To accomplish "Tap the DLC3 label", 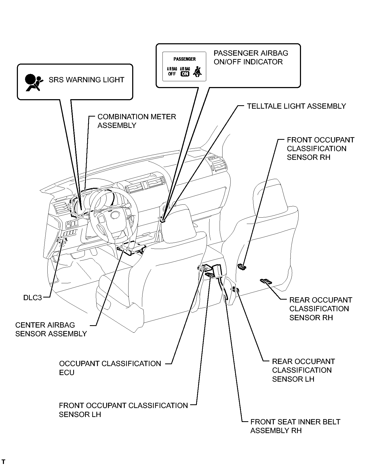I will pos(33,298).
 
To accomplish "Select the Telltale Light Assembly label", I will pos(296,106).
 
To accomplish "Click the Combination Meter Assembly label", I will pos(136,121).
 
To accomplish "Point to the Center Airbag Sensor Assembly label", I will pos(51,329).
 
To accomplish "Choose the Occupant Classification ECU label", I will pos(110,368).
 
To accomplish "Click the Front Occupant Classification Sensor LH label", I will pos(123,410).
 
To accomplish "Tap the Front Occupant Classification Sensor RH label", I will pos(320,148).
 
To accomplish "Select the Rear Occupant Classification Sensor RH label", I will pos(320,309).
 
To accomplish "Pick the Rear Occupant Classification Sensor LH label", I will pos(303,370).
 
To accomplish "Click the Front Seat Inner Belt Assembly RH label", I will pos(295,426).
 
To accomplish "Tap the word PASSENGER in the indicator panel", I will pos(185,59).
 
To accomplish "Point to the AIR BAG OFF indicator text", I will pos(172,72).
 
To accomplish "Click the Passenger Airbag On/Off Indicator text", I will pos(251,57).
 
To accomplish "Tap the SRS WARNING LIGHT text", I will pos(86,80).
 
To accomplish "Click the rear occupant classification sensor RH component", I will pos(266,281).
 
